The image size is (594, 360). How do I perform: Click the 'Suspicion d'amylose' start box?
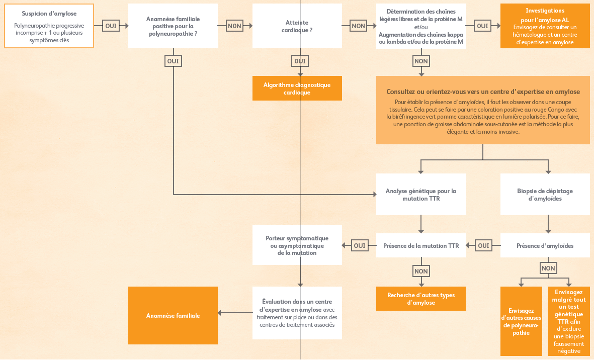click(x=49, y=26)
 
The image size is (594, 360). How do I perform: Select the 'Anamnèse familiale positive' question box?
click(x=173, y=26)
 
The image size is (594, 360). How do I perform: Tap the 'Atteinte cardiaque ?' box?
click(x=297, y=26)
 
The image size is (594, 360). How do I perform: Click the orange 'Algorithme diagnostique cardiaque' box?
click(x=297, y=88)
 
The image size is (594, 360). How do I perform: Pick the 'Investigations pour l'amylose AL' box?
click(x=545, y=26)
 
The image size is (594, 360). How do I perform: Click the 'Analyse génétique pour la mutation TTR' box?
click(x=421, y=194)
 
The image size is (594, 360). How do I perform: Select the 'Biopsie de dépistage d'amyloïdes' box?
click(x=545, y=194)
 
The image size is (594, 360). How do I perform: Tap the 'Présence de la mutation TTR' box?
click(x=421, y=245)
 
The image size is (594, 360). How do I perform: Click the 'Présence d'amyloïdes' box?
click(x=545, y=245)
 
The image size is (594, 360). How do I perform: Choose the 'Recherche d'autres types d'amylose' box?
click(x=421, y=299)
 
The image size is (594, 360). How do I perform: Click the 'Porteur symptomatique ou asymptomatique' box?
click(x=297, y=245)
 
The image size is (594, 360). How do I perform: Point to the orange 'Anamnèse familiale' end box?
click(x=173, y=315)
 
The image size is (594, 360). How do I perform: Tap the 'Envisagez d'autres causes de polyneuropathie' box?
click(x=521, y=321)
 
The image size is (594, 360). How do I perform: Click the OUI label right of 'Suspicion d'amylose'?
click(x=111, y=26)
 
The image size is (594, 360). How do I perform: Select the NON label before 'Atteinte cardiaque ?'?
click(x=234, y=26)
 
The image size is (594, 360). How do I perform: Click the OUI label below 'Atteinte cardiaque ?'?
click(x=300, y=61)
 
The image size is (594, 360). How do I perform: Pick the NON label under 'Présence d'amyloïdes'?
click(x=548, y=268)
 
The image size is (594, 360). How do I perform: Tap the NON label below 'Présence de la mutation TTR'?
click(x=421, y=271)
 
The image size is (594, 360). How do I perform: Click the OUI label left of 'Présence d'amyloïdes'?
click(x=483, y=245)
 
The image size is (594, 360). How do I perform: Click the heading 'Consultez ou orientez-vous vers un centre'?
click(x=483, y=92)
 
